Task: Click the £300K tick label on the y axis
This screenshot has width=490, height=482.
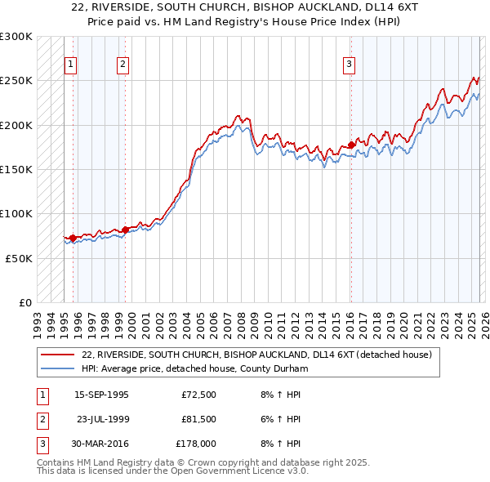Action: pyautogui.click(x=16, y=37)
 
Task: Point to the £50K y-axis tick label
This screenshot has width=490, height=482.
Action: pyautogui.click(x=19, y=257)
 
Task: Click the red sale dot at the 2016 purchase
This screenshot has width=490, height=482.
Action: pyautogui.click(x=351, y=145)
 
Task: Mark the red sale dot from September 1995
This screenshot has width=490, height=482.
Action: pyautogui.click(x=73, y=238)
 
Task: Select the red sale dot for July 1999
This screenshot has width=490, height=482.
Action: pyautogui.click(x=125, y=230)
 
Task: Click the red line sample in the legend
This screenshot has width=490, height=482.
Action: pyautogui.click(x=57, y=355)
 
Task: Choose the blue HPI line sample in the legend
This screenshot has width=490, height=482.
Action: pyautogui.click(x=57, y=369)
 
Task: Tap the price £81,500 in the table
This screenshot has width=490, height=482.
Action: pyautogui.click(x=198, y=419)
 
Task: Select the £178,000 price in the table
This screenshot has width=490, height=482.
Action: pyautogui.click(x=196, y=444)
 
